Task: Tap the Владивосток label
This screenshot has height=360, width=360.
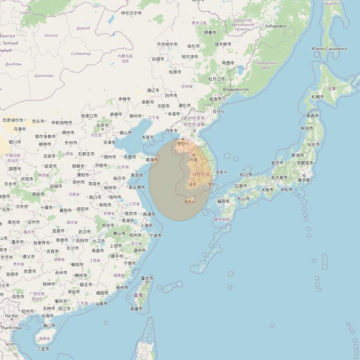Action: coord(236,89)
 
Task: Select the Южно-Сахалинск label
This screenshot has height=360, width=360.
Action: coord(329,49)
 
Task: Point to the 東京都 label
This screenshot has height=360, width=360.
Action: coord(304,180)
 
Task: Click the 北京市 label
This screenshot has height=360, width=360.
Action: coord(102,125)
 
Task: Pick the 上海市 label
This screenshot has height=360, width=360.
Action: coord(146,225)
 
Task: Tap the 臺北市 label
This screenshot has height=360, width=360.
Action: coord(147,278)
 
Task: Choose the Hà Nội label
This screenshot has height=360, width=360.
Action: coord(11,316)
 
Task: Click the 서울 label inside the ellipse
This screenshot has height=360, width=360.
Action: coord(194,160)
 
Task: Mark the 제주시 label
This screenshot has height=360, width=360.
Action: coord(190,202)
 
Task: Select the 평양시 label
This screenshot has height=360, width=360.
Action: coord(183,144)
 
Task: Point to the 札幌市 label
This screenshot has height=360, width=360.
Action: coord(318,97)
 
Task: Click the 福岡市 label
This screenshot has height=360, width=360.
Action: coord(223,201)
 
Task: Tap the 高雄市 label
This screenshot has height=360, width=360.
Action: coord(136,309)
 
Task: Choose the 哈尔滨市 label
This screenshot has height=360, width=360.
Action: coord(190,57)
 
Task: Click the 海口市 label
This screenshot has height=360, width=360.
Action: coord(49,326)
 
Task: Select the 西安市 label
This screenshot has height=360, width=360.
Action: coord(38,194)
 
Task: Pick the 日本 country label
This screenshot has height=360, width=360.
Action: coord(332,89)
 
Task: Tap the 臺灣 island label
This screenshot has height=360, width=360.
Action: coord(138,295)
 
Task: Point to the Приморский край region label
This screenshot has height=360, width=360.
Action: coord(266,65)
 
